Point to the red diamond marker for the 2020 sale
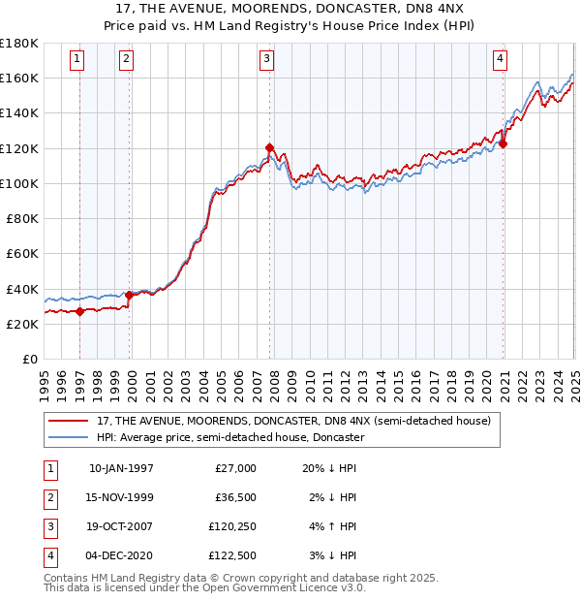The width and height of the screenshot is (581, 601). pyautogui.click(x=504, y=143)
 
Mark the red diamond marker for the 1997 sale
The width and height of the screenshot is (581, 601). pyautogui.click(x=79, y=311)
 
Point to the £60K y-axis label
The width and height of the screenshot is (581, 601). pyautogui.click(x=22, y=253)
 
